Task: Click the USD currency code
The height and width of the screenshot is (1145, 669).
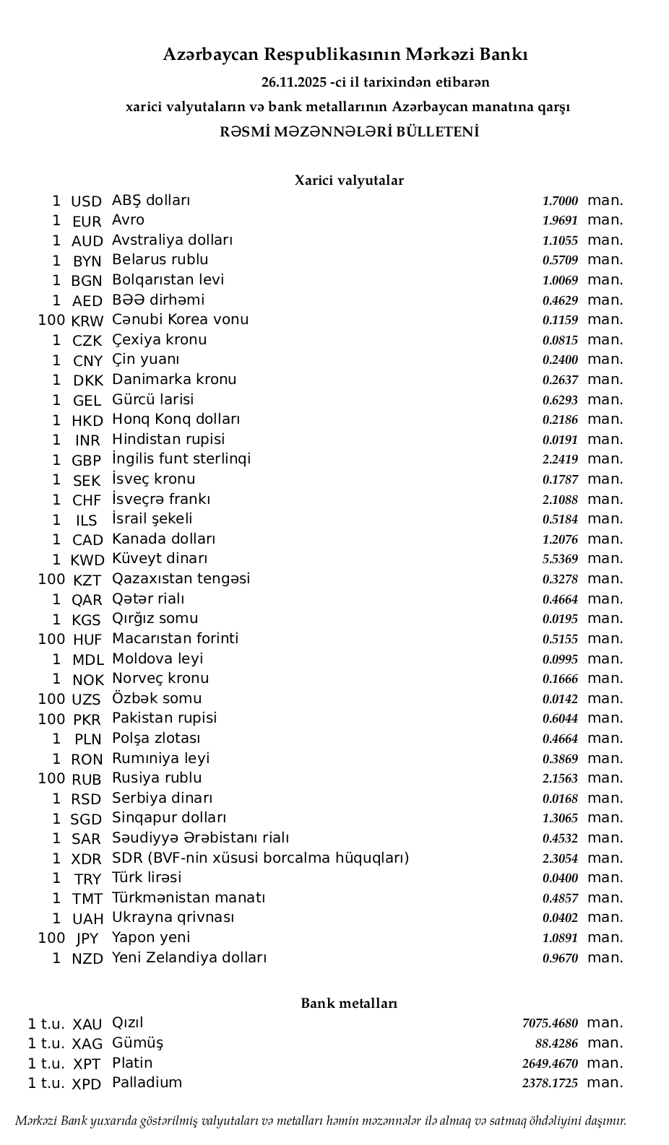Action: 86,201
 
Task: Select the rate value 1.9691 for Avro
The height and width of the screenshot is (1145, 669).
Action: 560,221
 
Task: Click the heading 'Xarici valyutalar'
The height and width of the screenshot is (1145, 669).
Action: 348,180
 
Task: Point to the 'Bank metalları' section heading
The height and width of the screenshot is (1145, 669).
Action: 348,1003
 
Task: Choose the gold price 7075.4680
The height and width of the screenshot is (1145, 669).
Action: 550,1023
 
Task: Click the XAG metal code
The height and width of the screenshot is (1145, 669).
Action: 87,1044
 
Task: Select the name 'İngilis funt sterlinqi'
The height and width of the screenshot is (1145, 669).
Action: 181,459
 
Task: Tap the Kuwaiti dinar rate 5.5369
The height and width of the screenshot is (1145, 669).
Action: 560,559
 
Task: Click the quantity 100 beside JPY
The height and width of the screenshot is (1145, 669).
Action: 51,938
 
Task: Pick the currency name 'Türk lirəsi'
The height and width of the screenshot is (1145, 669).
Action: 146,878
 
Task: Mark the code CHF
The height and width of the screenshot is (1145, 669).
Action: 87,500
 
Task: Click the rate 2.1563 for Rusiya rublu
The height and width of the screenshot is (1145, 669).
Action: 560,778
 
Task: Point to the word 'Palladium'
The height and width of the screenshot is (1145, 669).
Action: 147,1083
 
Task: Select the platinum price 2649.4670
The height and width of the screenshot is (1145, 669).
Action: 550,1063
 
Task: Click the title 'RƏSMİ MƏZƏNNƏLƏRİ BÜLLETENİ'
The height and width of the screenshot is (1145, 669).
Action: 348,132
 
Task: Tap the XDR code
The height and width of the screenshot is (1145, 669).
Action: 87,859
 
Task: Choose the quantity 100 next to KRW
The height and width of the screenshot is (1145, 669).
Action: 51,320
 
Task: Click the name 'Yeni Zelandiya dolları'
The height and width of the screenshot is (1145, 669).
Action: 189,958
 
